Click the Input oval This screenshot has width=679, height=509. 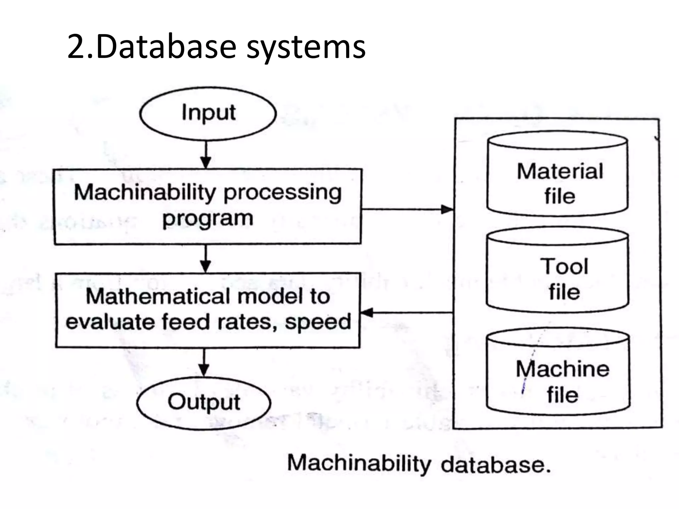(x=208, y=114)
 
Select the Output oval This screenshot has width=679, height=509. (x=204, y=403)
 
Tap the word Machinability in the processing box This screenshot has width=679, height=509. (x=145, y=193)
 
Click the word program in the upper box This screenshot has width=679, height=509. (x=208, y=219)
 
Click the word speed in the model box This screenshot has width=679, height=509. (x=318, y=322)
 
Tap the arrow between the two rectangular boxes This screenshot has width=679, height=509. (x=206, y=258)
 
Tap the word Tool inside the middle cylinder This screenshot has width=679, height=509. (x=564, y=266)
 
